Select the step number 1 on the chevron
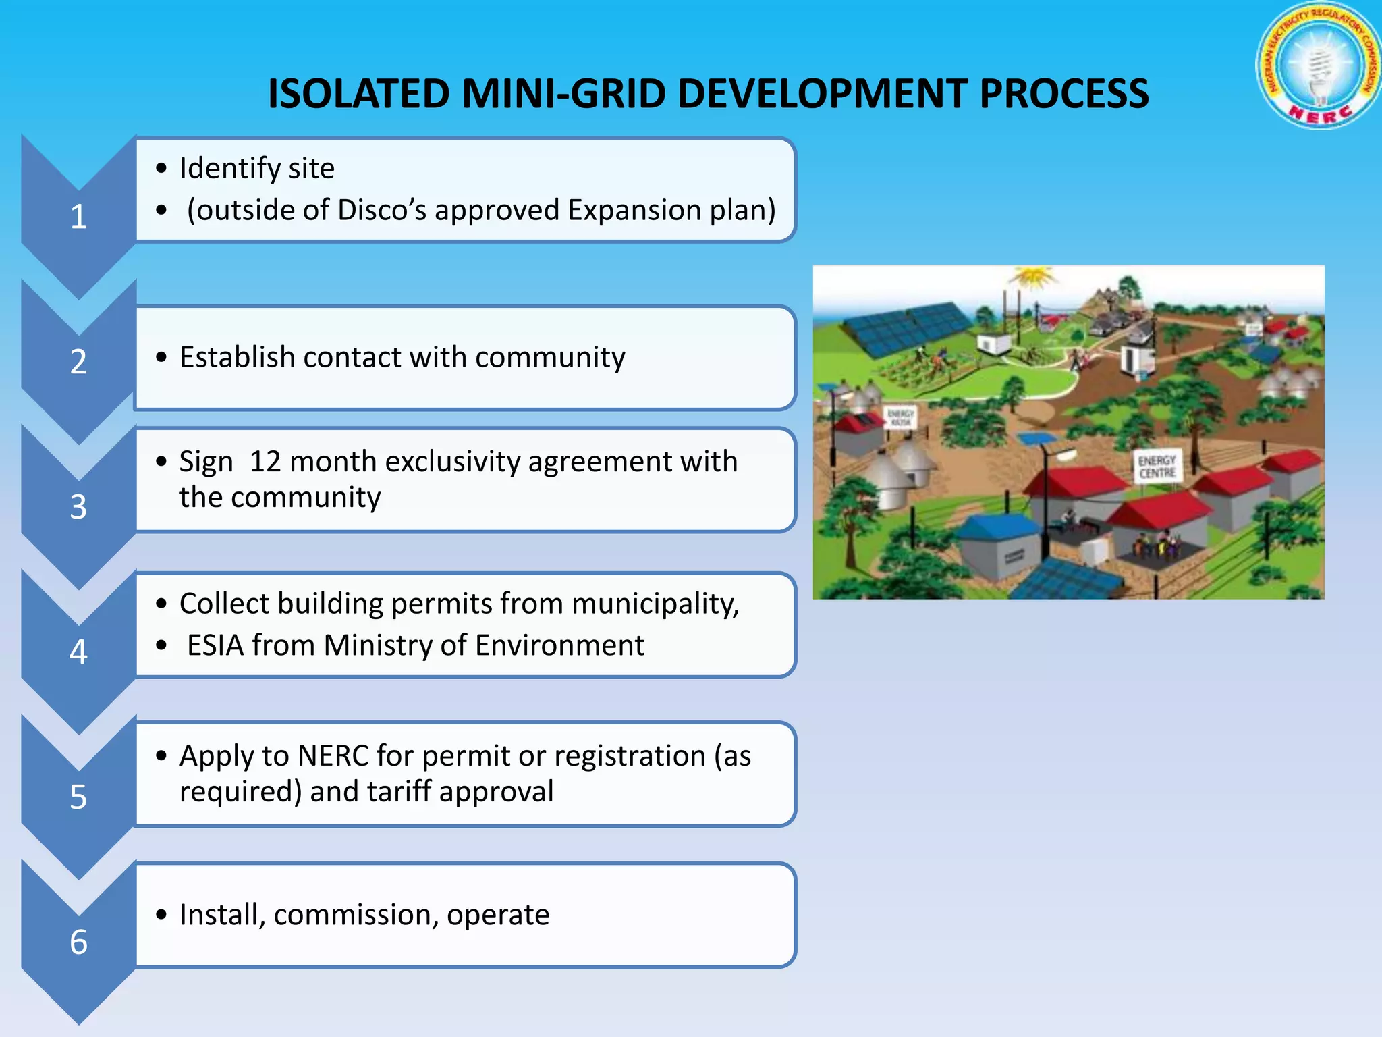[79, 217]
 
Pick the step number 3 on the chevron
[79, 506]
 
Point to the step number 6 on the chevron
[79, 942]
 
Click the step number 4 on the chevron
[79, 652]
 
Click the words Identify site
[256, 168]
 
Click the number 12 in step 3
[265, 462]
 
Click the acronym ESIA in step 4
[215, 645]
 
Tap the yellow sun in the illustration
[1030, 277]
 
